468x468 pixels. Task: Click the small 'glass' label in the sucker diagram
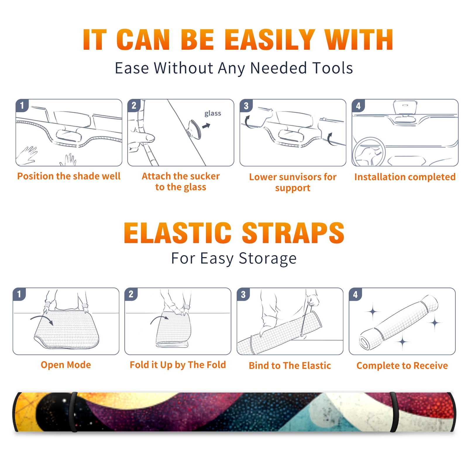213,113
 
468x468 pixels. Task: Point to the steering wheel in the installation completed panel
369,152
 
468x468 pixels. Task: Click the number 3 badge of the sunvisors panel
246,106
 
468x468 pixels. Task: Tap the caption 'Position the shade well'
69,176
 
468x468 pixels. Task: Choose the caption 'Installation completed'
405,177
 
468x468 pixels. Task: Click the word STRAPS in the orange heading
293,233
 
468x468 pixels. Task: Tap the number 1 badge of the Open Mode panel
19,294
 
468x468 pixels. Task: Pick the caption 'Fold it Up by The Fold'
178,365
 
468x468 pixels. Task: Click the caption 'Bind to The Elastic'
290,366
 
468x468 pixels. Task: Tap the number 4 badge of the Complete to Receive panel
355,294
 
